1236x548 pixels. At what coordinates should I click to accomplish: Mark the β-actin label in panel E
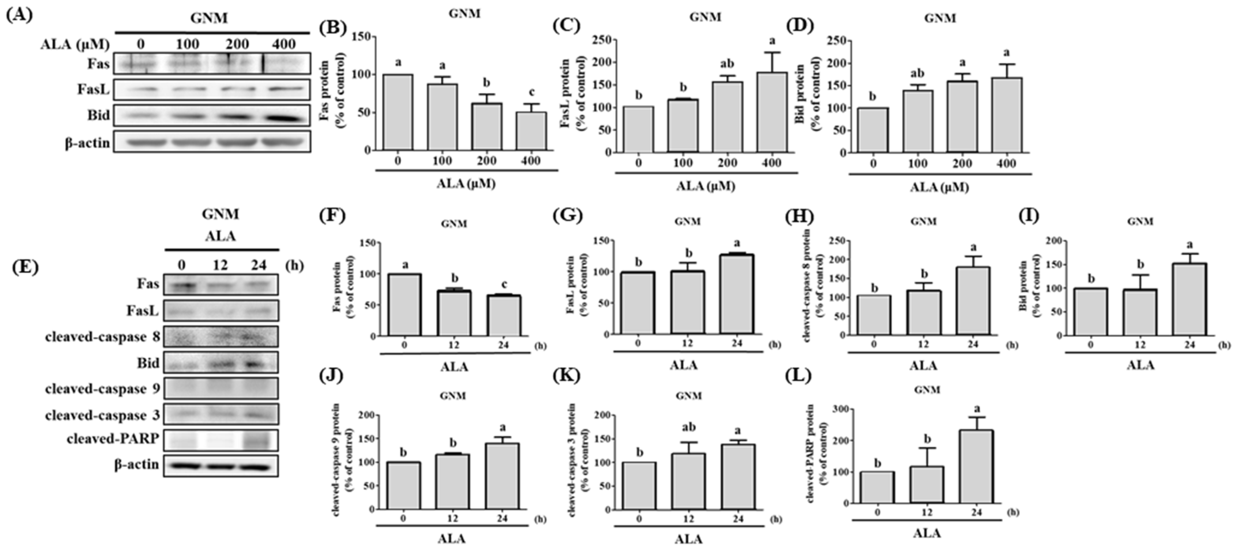pos(136,464)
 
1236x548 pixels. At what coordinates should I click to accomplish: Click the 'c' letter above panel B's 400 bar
pos(531,92)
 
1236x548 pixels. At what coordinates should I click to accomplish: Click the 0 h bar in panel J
pos(404,485)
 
